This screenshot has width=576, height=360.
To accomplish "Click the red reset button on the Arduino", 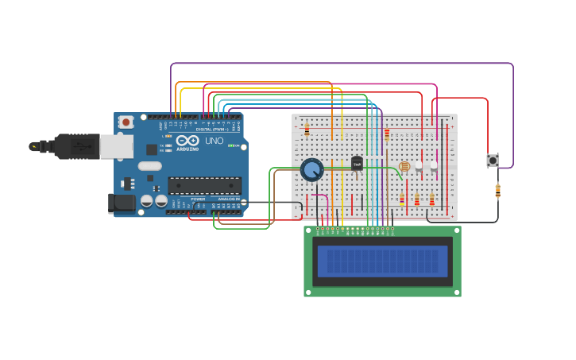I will point(126,122).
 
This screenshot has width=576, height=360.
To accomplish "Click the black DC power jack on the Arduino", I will point(122,203).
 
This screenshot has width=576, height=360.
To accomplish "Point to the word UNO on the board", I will point(215,141).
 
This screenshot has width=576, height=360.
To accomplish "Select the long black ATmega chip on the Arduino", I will point(204,185).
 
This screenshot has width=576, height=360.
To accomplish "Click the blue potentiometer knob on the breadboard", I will point(311,169).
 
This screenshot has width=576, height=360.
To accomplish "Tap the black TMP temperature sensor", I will point(357,163).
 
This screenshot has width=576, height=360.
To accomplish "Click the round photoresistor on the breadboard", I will point(404,166).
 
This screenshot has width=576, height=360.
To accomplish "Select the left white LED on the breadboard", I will point(419,166).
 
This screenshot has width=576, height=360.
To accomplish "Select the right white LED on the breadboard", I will point(433,166).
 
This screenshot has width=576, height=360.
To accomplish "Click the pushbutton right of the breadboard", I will point(493,160).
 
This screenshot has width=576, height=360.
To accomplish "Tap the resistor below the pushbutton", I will point(497,191).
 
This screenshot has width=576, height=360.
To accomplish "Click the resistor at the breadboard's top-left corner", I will point(307,131).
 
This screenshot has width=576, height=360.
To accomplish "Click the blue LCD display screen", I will point(382,261).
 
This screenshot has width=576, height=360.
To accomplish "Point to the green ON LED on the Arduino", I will point(231,145).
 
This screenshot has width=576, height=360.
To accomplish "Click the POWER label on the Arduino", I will point(198,199).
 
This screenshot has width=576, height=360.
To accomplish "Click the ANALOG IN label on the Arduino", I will point(228,199).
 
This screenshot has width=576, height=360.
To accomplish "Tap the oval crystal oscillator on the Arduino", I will point(149,166).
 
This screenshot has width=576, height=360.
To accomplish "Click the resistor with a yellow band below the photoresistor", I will point(401,200).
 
